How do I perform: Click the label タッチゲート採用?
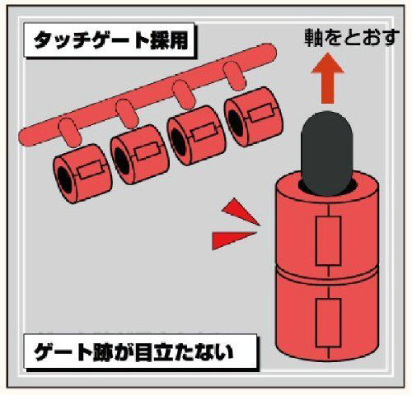110,40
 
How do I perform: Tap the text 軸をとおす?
352,37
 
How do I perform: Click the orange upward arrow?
327,78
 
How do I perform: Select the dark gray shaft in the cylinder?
327,153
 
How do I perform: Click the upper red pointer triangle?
241,211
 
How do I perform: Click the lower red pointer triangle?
233,240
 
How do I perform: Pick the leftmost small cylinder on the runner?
82,174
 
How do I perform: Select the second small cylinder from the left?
139,155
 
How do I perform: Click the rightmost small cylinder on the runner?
254,117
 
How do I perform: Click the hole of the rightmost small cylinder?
236,123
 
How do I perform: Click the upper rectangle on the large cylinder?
329,241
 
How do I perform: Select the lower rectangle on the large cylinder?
329,323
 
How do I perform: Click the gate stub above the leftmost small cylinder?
70,132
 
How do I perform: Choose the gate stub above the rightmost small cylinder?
234,77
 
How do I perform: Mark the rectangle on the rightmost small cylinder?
261,114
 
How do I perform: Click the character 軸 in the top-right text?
314,37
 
